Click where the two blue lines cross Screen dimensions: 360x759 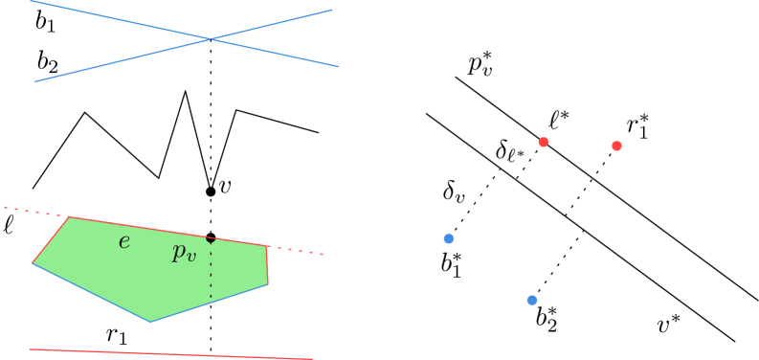tap(211, 39)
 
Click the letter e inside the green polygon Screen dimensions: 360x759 tap(123, 241)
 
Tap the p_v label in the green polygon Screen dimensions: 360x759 tap(183, 253)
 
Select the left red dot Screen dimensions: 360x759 tap(543, 142)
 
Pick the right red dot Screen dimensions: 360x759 tap(616, 146)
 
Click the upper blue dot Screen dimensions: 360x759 tap(448, 238)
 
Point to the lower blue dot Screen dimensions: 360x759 tap(531, 300)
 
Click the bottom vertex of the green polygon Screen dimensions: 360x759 tap(150, 322)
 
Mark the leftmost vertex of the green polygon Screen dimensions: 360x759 tap(33, 262)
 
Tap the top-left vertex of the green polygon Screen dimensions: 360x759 tap(70, 217)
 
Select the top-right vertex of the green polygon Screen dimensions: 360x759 tap(267, 246)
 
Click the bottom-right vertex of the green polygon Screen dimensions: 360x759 tap(268, 284)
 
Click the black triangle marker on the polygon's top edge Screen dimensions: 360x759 tap(211, 240)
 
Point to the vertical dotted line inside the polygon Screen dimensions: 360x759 tap(211, 273)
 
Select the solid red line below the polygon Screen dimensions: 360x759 tap(172, 354)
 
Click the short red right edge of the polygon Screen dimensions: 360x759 tap(268, 265)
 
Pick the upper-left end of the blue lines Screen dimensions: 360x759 tap(32, 1)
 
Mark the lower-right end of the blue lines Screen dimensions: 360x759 tap(339, 67)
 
